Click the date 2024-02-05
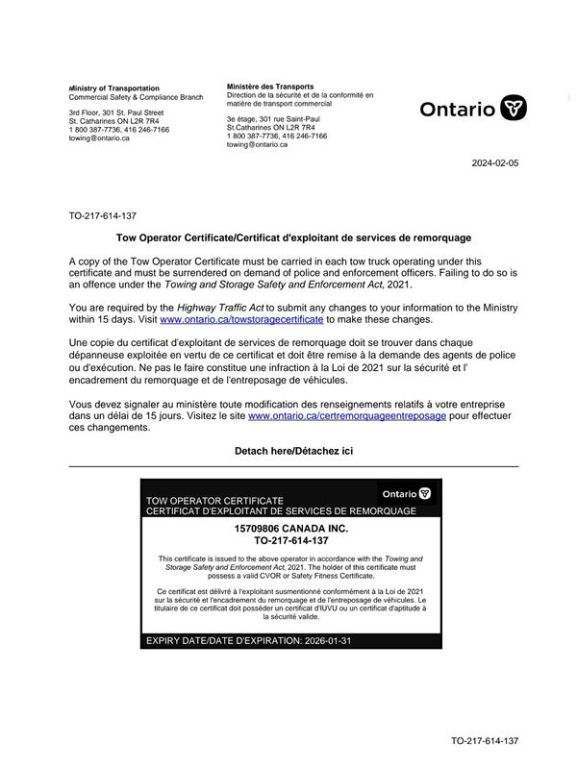[495, 163]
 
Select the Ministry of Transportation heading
[114, 88]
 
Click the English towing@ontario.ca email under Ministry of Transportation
[99, 138]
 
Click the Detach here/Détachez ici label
[293, 451]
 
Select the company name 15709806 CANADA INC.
[292, 529]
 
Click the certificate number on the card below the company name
[292, 541]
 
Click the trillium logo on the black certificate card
[424, 493]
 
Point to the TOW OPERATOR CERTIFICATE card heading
[213, 501]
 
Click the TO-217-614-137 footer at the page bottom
[485, 741]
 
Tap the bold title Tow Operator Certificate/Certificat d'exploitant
[293, 237]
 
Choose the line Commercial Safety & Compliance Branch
[136, 98]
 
